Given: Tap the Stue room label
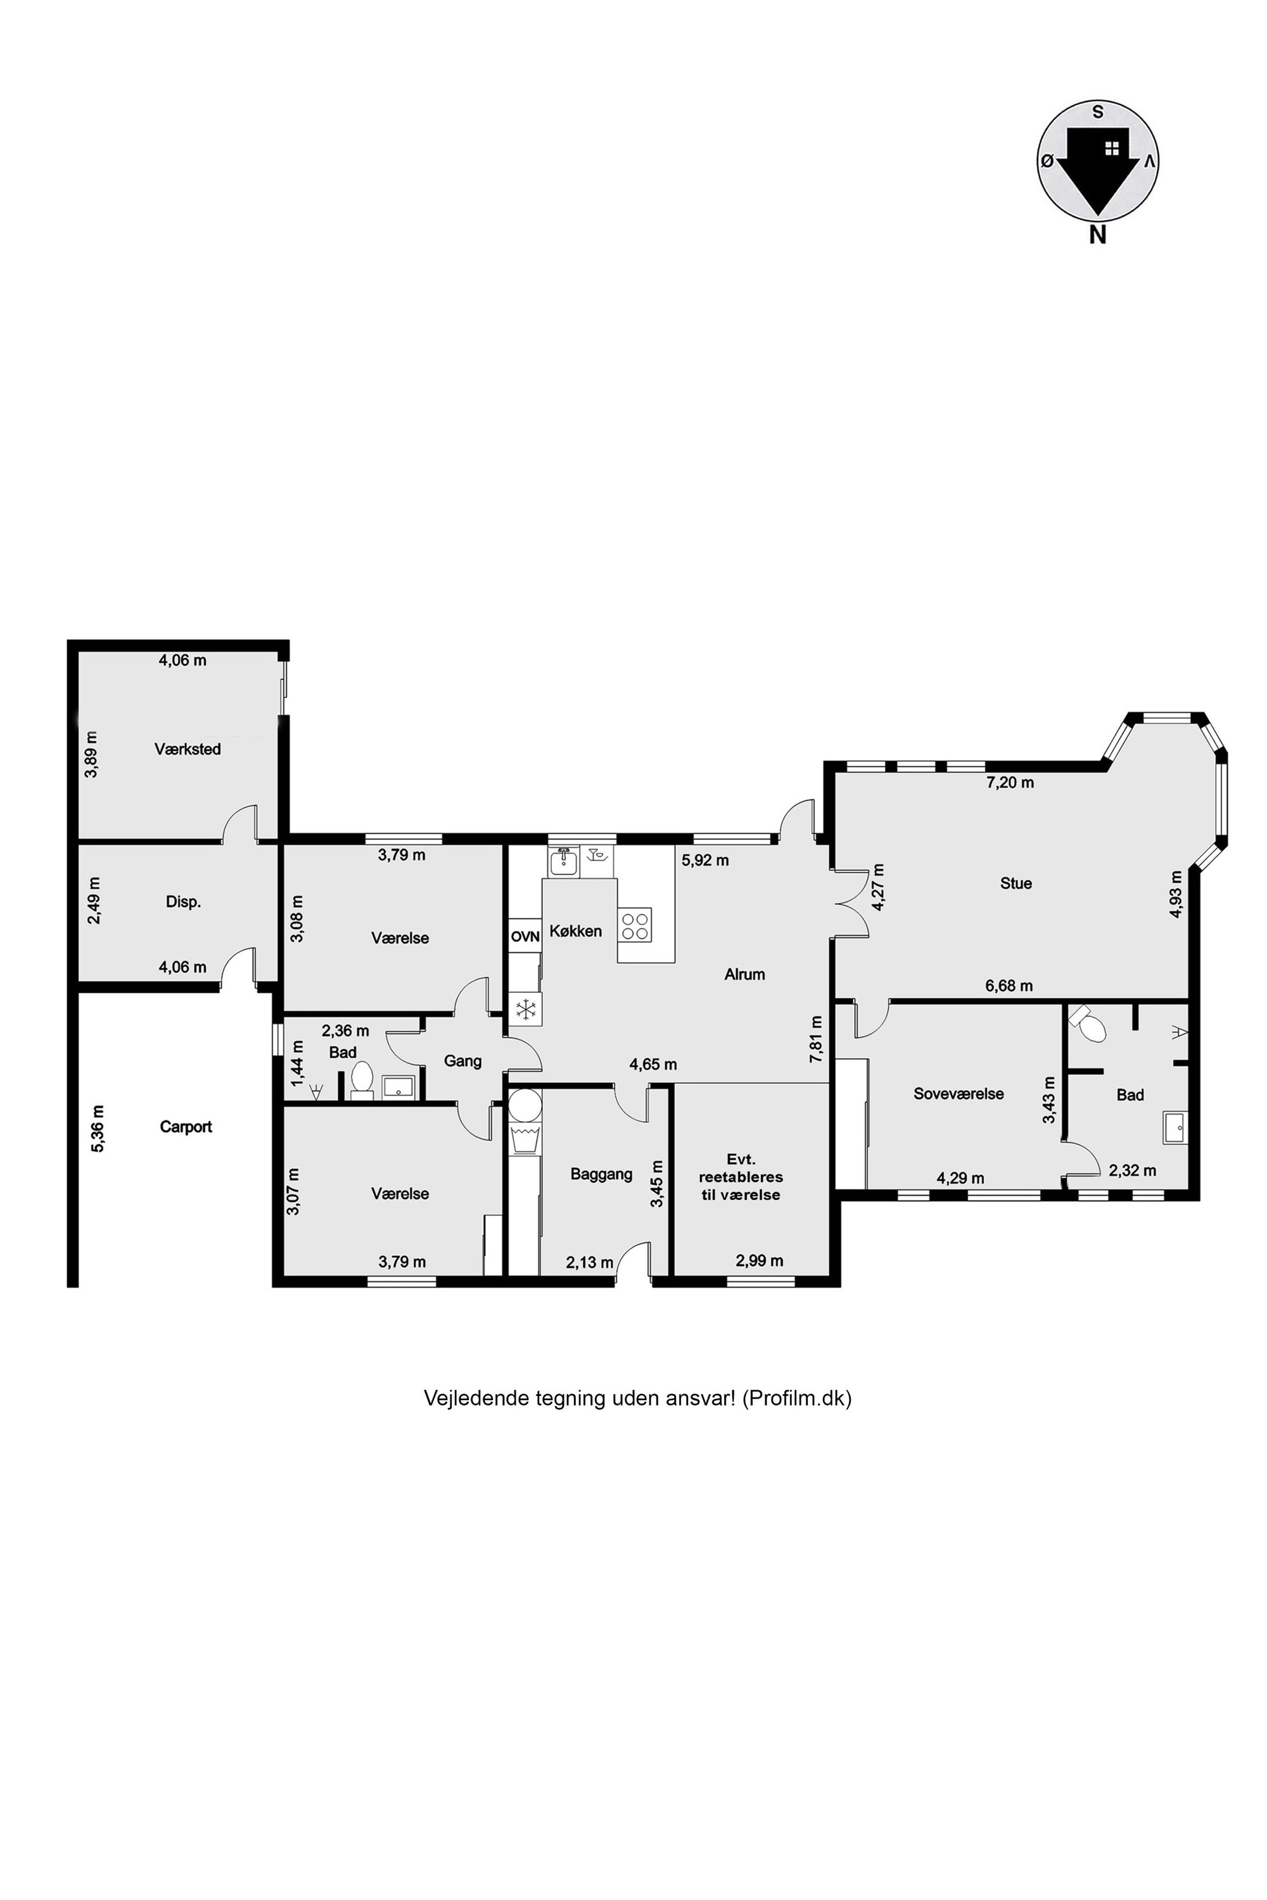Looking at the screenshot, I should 1016,883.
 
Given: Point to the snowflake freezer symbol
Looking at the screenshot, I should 526,1009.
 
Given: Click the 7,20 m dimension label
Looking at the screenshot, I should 1010,782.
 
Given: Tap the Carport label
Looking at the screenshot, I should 186,1126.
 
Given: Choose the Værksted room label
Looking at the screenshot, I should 188,749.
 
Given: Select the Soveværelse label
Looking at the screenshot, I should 958,1094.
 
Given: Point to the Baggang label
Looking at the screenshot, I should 601,1174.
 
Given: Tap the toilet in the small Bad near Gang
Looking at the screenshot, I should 361,1079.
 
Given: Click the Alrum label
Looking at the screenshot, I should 744,974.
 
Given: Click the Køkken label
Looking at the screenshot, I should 575,930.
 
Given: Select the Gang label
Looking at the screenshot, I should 462,1061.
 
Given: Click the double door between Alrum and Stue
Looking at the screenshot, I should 850,903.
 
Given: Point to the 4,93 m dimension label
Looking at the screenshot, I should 1176,894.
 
